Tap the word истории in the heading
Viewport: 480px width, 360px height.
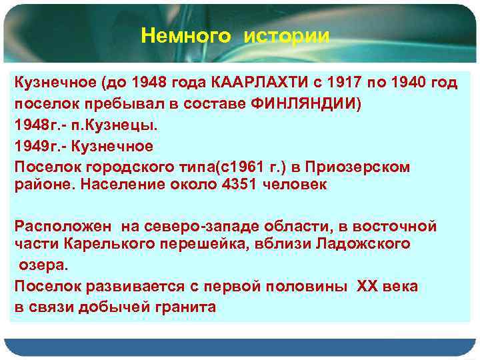(x=287, y=35)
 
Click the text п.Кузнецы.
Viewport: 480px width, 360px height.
(x=97, y=125)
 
